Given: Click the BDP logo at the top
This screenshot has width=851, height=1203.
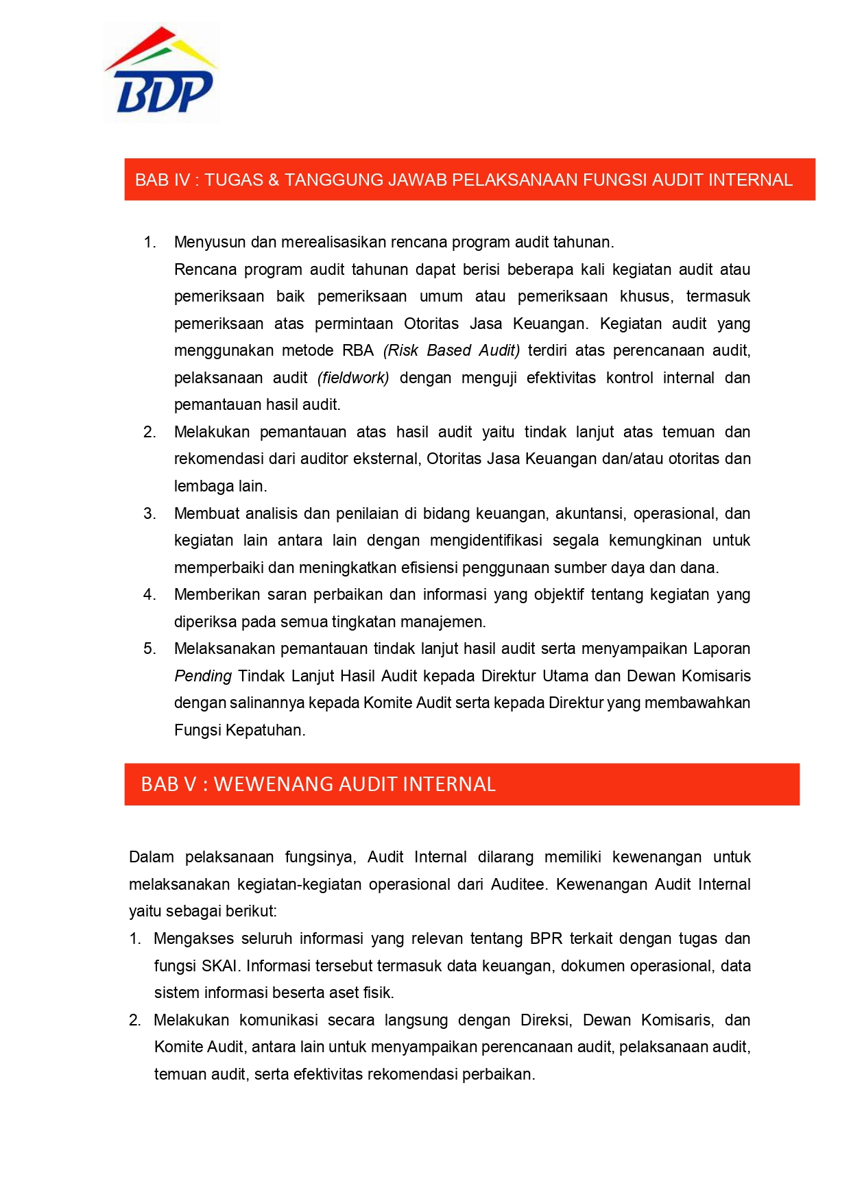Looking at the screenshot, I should pos(162,73).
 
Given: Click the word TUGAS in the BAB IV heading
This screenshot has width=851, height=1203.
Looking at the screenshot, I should pos(234,180).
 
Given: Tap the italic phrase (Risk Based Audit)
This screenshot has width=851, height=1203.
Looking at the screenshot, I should pos(451,351).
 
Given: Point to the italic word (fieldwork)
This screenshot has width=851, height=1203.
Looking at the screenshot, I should pos(353,378).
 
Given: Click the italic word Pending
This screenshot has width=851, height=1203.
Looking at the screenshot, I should pos(203,677).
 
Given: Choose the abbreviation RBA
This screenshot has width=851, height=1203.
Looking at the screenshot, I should pos(358,351).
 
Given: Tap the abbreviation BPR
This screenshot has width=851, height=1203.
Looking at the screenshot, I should pos(546,939).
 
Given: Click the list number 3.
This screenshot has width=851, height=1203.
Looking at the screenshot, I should pos(149,514).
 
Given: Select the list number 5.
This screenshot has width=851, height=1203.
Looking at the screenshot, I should pos(149,649).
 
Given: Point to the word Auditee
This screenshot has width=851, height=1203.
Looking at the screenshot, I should pos(518,885).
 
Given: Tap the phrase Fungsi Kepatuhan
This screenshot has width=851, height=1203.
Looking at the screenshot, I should pos(239,731).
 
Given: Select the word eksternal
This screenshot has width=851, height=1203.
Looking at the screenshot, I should pos(385,459).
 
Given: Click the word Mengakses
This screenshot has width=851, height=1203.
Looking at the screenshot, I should pos(194,939).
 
